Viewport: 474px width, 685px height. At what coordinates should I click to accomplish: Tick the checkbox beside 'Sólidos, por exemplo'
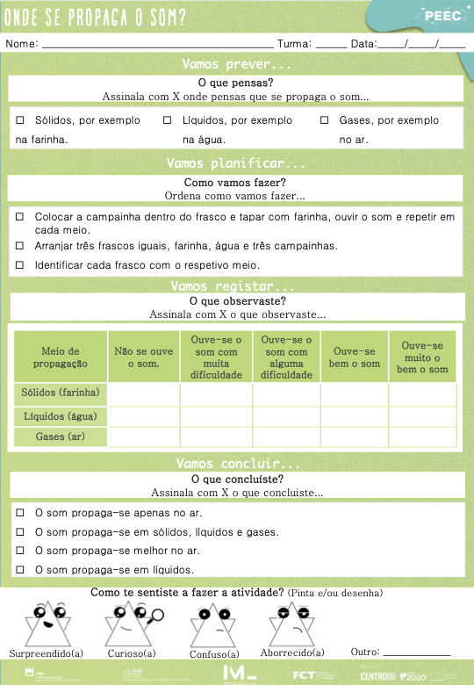click(x=20, y=120)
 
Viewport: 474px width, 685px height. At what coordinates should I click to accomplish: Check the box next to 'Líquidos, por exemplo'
click(x=168, y=120)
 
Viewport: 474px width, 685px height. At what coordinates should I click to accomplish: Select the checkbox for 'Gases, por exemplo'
click(x=324, y=120)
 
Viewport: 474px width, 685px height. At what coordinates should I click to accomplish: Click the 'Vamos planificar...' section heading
click(x=236, y=163)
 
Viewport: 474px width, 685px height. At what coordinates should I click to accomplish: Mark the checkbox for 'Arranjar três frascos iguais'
click(x=20, y=246)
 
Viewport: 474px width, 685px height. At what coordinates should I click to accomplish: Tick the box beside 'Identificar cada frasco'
click(x=20, y=265)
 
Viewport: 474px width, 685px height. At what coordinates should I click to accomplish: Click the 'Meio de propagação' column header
click(x=61, y=357)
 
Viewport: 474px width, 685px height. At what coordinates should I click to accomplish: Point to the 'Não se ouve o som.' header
click(x=143, y=357)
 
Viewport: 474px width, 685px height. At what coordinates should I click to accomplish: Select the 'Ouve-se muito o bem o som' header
click(x=422, y=357)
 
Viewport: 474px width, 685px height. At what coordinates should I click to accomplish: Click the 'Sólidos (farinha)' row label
click(x=61, y=393)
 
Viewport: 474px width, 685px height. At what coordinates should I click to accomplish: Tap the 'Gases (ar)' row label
click(x=61, y=436)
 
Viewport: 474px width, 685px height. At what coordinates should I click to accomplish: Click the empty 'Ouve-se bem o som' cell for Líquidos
click(x=355, y=415)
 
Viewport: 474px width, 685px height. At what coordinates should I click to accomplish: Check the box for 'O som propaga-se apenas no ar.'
click(x=20, y=512)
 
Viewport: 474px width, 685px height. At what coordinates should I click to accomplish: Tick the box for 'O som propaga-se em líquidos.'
click(x=20, y=570)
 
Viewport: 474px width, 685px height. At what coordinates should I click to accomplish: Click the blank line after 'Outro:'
click(x=417, y=653)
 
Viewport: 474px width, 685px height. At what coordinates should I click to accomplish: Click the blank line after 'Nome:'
click(x=158, y=44)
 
